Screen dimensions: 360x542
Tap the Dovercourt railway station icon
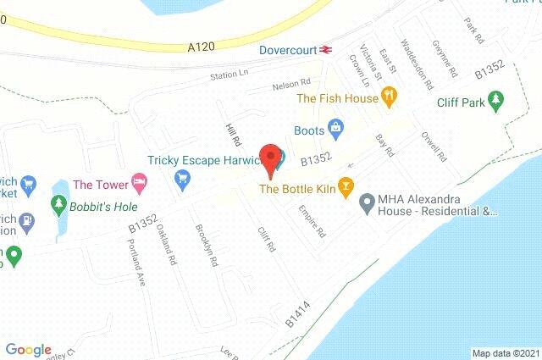coord(325,50)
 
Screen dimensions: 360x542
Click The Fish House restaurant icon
coord(390,99)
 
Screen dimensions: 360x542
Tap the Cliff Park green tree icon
coord(497,102)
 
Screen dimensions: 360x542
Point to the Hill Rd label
coord(227,131)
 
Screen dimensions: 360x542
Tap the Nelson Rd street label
coord(291,86)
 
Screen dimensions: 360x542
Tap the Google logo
coord(28,350)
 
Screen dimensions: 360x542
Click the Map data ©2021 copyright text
coord(505,353)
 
